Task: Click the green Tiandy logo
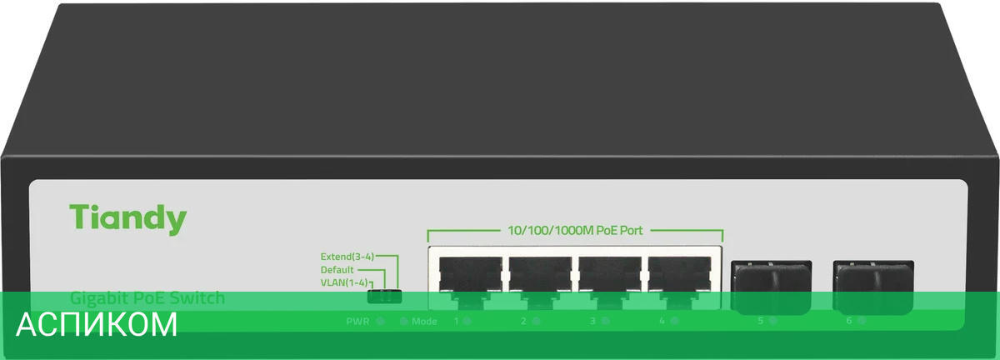tap(127, 218)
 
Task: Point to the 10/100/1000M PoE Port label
tap(575, 231)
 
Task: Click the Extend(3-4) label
tap(347, 257)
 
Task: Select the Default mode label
tap(337, 270)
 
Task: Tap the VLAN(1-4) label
tap(343, 283)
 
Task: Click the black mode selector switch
tap(385, 296)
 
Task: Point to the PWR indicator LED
tap(381, 321)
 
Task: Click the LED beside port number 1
tap(467, 321)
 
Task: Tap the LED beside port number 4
tap(674, 321)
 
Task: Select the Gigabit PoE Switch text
tap(147, 297)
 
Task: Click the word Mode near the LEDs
tap(424, 321)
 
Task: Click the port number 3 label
tap(592, 321)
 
